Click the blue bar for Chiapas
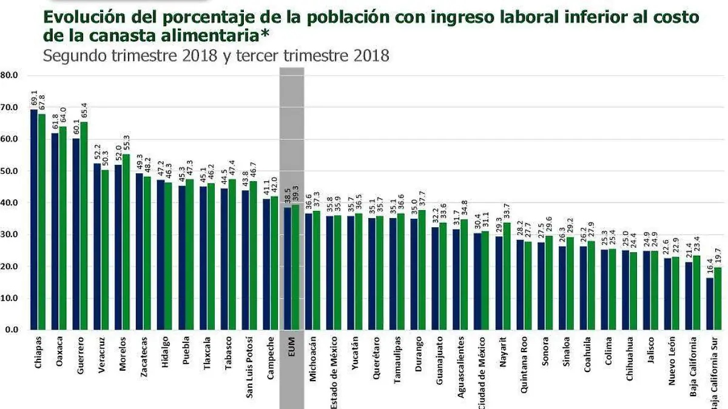(x=33, y=220)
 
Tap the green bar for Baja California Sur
(x=717, y=299)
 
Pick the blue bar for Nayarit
(x=499, y=283)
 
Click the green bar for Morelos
(x=126, y=242)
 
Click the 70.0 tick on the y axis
(x=10, y=107)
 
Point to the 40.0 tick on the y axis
(x=10, y=203)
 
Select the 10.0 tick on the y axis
(x=10, y=298)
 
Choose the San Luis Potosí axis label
(x=249, y=367)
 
